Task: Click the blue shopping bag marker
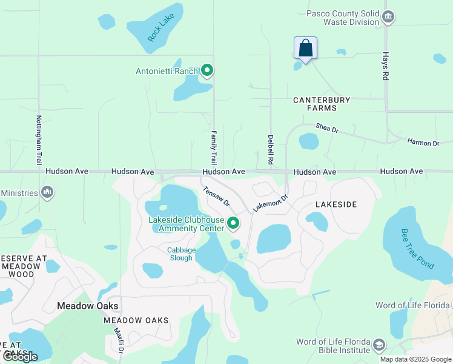(306, 49)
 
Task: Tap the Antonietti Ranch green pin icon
(207, 71)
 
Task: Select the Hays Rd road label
(385, 66)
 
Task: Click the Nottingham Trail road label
(39, 140)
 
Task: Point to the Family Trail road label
(213, 147)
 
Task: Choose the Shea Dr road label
(326, 128)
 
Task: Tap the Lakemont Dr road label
(270, 201)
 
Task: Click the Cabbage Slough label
(181, 254)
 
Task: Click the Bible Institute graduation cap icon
(379, 345)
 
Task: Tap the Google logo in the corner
(21, 357)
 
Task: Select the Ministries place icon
(47, 193)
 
